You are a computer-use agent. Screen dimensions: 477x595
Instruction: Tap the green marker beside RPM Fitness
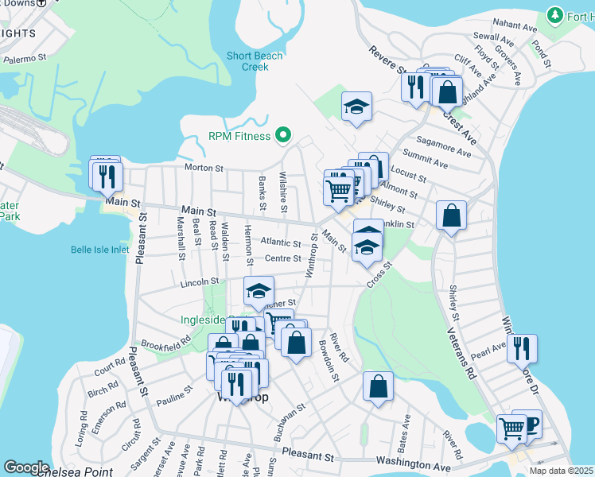coord(282,136)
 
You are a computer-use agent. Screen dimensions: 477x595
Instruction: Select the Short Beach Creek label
coord(254,61)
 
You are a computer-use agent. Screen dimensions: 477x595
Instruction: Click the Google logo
coord(25,467)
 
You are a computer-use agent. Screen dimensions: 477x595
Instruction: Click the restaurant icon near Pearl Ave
coord(522,347)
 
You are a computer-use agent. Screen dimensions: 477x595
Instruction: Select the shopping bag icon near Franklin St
coord(451,214)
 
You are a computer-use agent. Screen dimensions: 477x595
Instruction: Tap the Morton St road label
coord(204,168)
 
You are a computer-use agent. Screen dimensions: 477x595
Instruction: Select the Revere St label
coord(387,59)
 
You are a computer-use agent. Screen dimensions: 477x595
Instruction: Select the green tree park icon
coord(555,15)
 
